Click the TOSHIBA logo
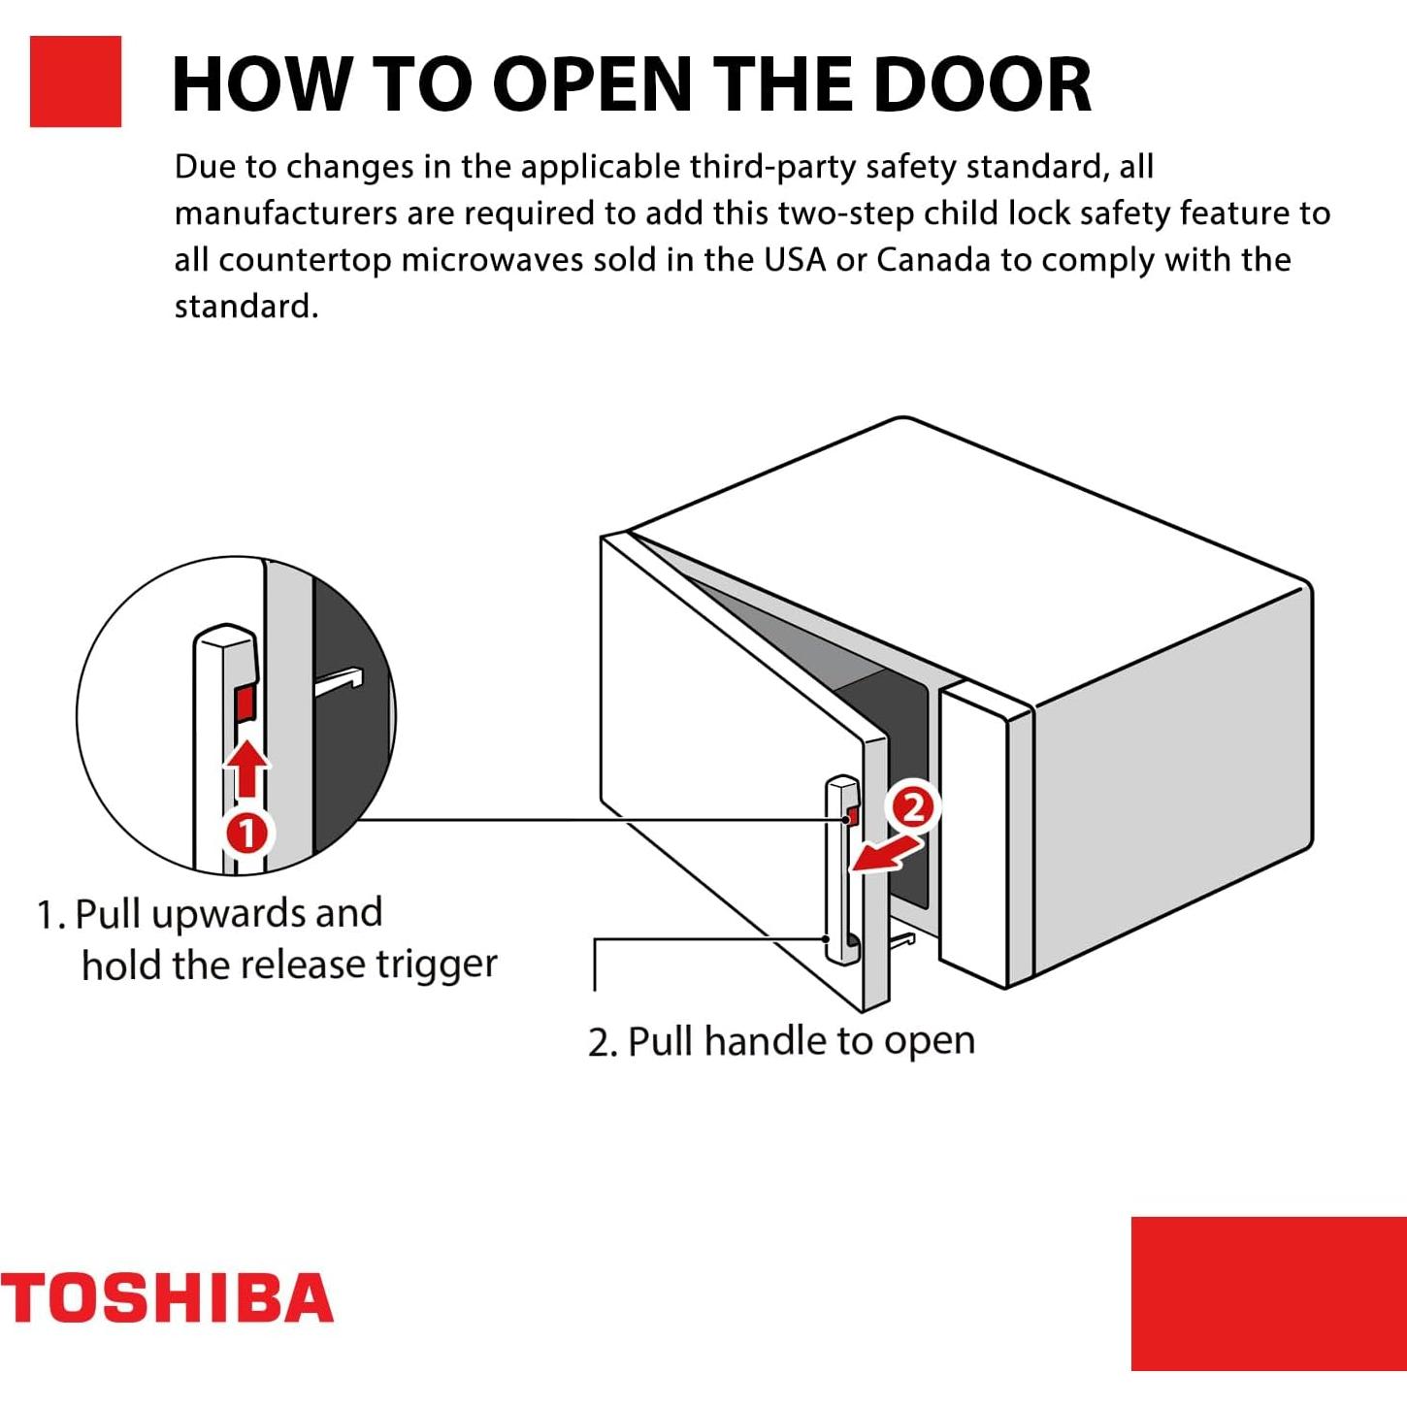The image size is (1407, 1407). (167, 1298)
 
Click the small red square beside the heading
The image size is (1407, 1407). (76, 82)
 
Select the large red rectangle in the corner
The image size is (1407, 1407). (1268, 1292)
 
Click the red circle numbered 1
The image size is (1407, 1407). (247, 833)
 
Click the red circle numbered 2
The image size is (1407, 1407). (913, 806)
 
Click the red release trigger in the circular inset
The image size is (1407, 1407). (245, 703)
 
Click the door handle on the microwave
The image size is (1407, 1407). (841, 873)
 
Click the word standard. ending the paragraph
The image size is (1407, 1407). (245, 307)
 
